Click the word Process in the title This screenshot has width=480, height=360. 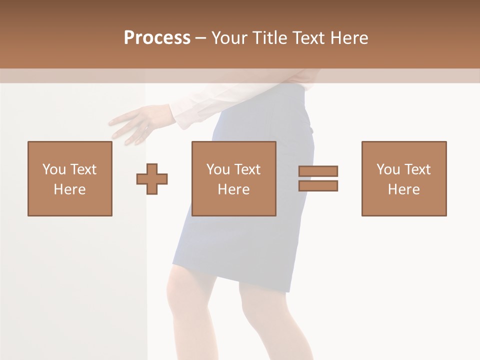pos(157,38)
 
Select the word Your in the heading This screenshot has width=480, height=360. pos(229,38)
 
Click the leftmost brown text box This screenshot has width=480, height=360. pos(70,178)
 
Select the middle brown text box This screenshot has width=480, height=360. pos(234,178)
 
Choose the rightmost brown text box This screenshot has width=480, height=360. pos(404,178)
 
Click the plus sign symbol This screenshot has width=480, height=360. pos(152,179)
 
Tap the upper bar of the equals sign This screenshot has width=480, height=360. pos(318,171)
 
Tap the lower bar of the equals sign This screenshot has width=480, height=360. pos(318,185)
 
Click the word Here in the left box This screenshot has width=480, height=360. pos(70,189)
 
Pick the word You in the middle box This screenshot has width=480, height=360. pos(218,169)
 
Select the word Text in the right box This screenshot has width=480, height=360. pos(417,169)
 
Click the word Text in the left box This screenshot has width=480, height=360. pos(83,169)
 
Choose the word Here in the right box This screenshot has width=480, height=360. pos(404,189)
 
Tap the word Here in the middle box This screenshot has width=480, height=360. pos(234,189)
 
